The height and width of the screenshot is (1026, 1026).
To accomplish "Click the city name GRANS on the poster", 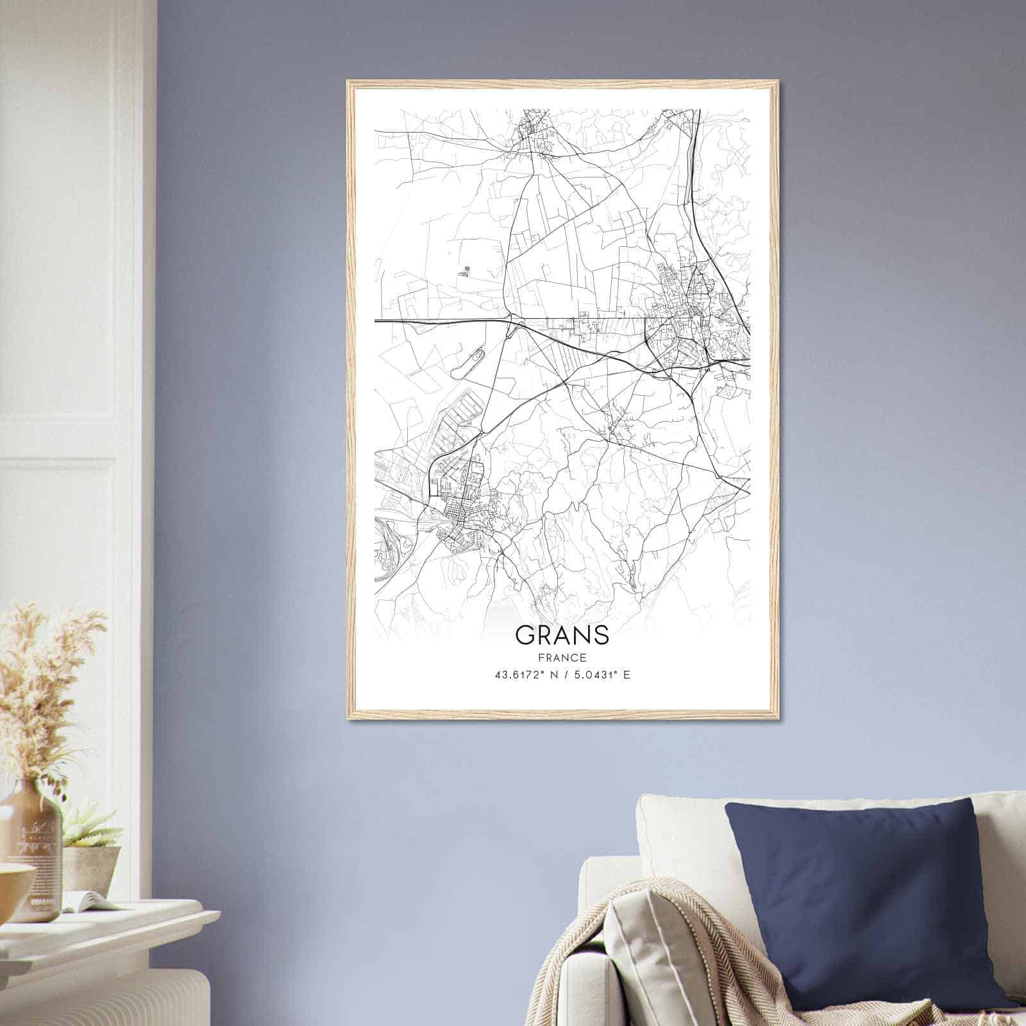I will point(562,635).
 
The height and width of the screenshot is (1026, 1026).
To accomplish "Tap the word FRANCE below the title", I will point(562,657).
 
